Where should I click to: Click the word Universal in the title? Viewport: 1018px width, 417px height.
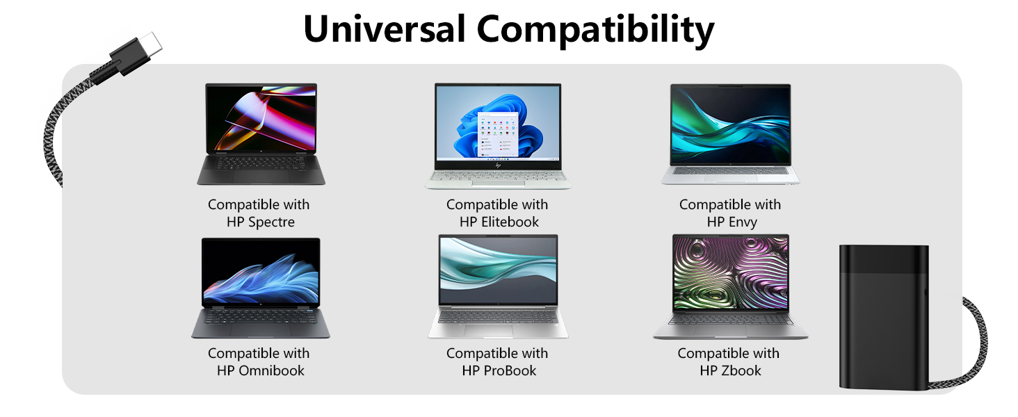point(384,29)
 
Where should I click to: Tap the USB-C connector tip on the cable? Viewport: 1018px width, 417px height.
point(149,44)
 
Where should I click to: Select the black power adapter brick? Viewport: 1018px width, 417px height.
point(883,317)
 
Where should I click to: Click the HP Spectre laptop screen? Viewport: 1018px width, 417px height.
point(261,118)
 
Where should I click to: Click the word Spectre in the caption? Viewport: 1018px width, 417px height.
point(271,222)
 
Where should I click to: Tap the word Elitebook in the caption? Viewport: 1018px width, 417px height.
point(509,222)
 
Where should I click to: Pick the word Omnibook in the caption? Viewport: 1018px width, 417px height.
point(271,370)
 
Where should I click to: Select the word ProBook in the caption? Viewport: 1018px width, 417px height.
point(510,370)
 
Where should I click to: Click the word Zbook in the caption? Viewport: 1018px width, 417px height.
point(741,370)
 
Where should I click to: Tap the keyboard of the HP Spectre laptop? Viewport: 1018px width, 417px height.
point(261,164)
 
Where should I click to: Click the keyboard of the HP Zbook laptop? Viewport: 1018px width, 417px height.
point(730,320)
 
